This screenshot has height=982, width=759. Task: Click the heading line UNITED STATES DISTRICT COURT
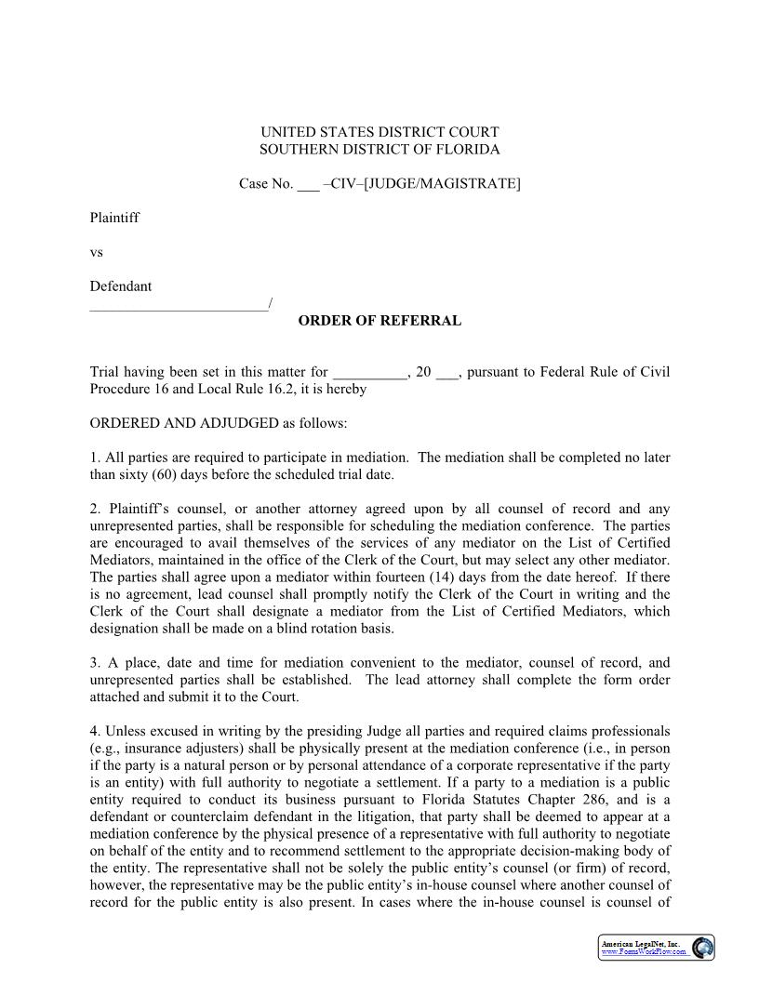coord(379,132)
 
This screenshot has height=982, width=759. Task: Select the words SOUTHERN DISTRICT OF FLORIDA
coord(379,149)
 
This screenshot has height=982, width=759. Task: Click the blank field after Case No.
coord(308,184)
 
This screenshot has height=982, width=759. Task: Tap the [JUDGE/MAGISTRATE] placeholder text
coord(442,183)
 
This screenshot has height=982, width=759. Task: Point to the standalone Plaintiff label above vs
coord(114,218)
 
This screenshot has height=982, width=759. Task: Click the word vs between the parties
coord(96,252)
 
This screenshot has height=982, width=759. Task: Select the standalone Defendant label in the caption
coord(121,286)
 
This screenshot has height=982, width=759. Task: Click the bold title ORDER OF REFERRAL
coord(379,321)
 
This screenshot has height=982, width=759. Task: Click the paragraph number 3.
coord(94,663)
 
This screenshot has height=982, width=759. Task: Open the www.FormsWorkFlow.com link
coord(643,952)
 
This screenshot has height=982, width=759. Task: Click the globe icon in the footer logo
coord(703,948)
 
